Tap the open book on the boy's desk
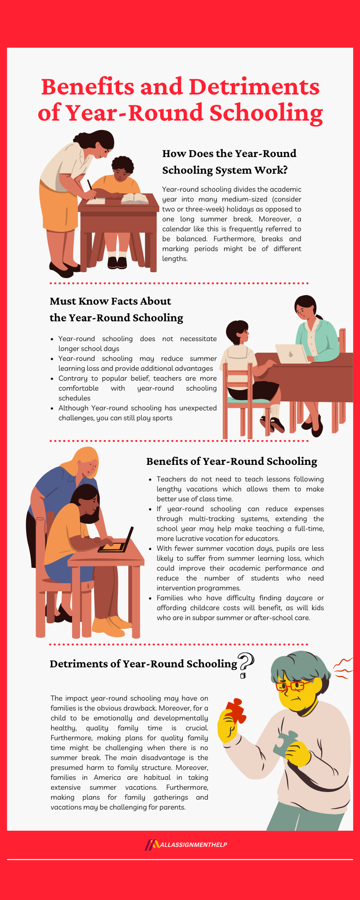point(135,198)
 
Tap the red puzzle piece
point(235,711)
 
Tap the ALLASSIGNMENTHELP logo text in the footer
point(193,845)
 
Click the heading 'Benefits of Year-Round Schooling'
point(231,461)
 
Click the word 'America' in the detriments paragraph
point(107,778)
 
